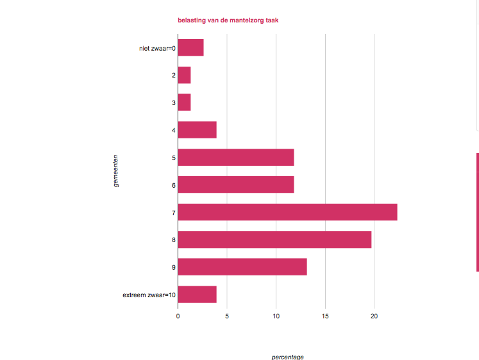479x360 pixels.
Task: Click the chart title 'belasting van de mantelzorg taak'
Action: point(228,20)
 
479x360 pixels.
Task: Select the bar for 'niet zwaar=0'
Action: point(190,47)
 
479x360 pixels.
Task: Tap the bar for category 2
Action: point(184,75)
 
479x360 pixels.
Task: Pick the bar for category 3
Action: point(184,102)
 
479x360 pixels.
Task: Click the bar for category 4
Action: point(197,130)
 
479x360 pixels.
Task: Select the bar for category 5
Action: point(235,158)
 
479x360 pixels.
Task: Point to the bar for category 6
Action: point(235,184)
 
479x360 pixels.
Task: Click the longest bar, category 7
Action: point(287,212)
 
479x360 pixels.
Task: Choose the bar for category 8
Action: point(274,240)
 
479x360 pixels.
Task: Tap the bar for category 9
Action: point(242,266)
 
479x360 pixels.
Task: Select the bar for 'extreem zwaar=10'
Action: point(197,294)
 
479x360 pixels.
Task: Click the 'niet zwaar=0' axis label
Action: point(157,48)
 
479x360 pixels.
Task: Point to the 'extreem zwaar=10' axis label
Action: point(149,295)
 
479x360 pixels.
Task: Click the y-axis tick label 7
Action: point(174,213)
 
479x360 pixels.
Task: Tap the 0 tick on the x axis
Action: point(178,316)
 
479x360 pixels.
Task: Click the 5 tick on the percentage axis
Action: point(227,316)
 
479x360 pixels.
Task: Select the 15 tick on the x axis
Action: point(326,316)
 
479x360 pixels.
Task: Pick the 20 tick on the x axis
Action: point(374,316)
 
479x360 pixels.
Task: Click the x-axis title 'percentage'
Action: point(287,356)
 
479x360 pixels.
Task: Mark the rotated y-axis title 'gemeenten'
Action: point(115,170)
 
